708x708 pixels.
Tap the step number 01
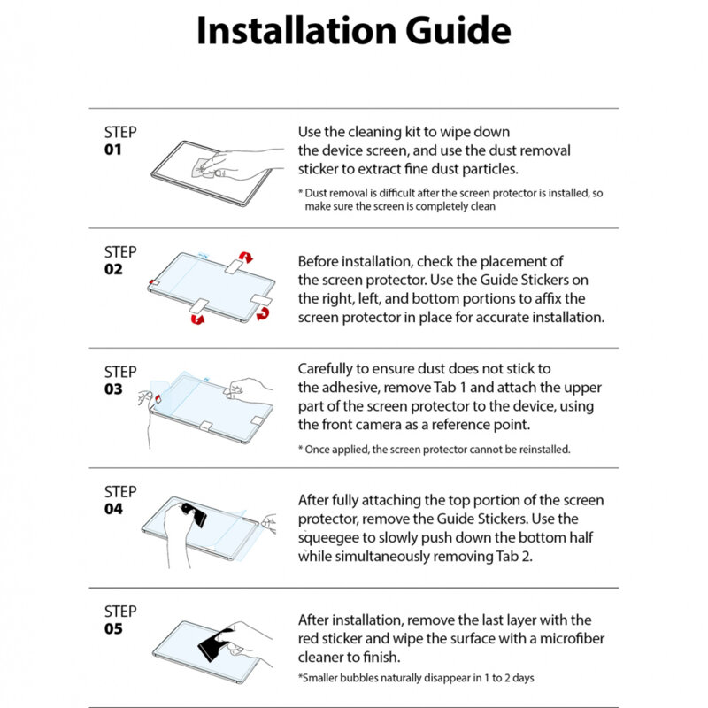click(x=113, y=150)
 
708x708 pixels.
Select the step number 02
click(x=113, y=269)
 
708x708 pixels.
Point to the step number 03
click(x=113, y=389)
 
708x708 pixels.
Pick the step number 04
click(x=113, y=509)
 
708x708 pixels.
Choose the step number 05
click(x=113, y=629)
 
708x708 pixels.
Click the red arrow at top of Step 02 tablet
click(x=247, y=258)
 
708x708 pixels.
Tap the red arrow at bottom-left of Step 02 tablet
click(x=197, y=319)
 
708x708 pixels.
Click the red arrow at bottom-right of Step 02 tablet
click(x=263, y=314)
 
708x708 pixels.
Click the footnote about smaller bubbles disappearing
click(x=415, y=678)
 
